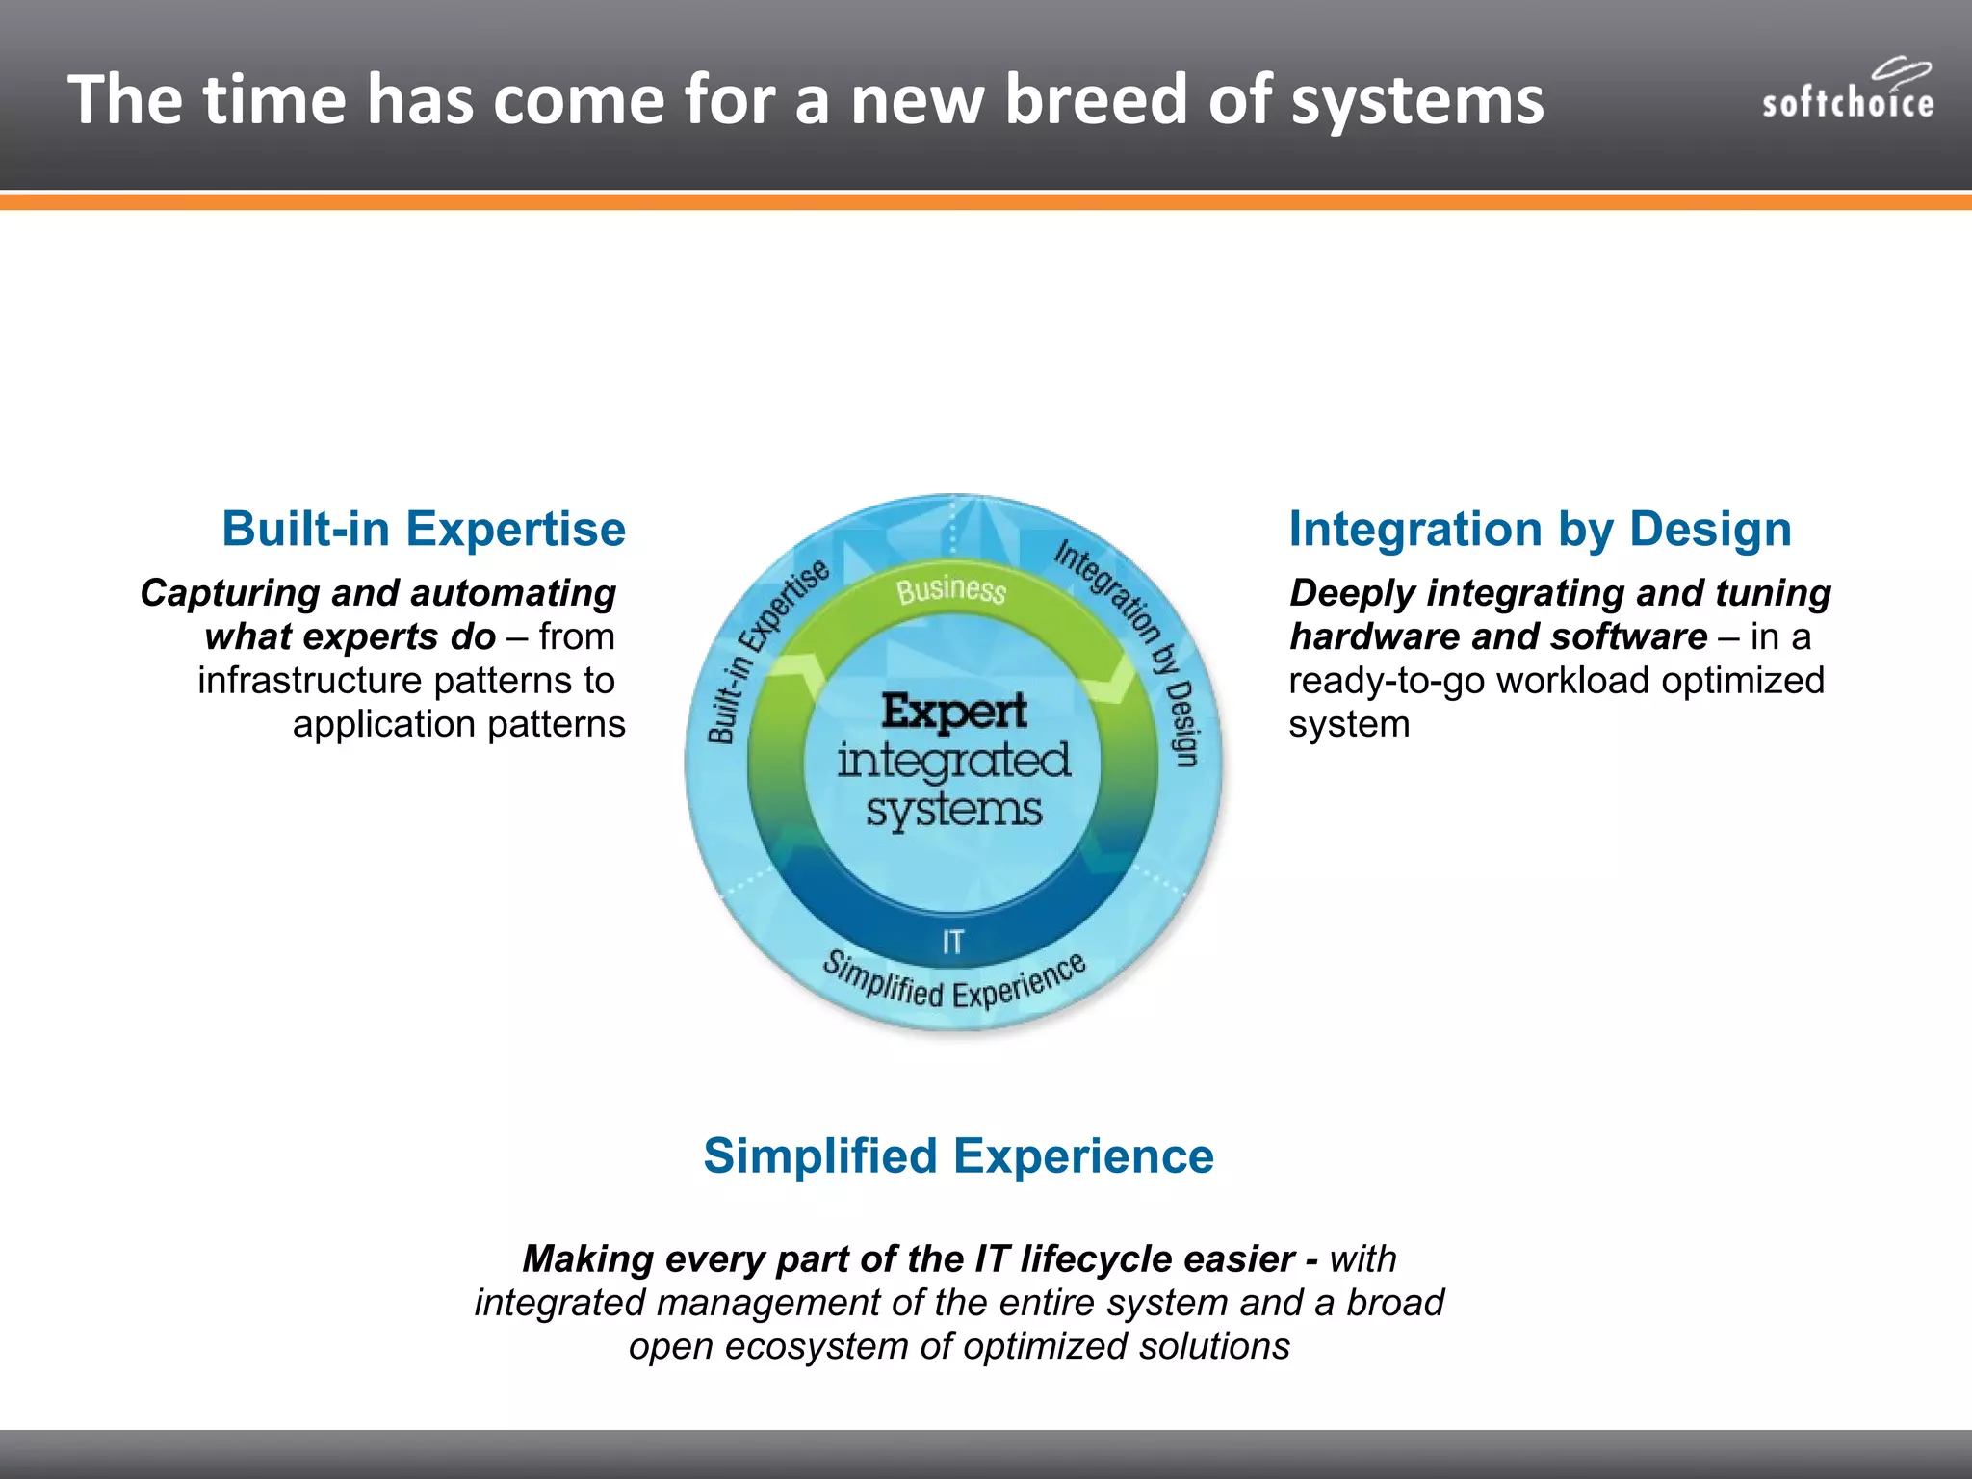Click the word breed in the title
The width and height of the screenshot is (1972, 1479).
click(x=1096, y=100)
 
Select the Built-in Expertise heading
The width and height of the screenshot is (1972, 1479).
click(x=424, y=530)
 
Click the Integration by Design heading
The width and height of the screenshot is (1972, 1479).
click(x=1540, y=530)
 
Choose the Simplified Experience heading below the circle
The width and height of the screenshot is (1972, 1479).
click(x=958, y=1155)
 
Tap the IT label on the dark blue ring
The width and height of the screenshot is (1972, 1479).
click(x=952, y=942)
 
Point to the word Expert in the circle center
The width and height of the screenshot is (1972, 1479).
click(x=954, y=713)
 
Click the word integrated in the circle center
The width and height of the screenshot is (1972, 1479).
click(x=953, y=761)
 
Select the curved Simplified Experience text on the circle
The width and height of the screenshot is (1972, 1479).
click(x=953, y=982)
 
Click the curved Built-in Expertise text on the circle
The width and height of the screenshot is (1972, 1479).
click(x=765, y=650)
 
